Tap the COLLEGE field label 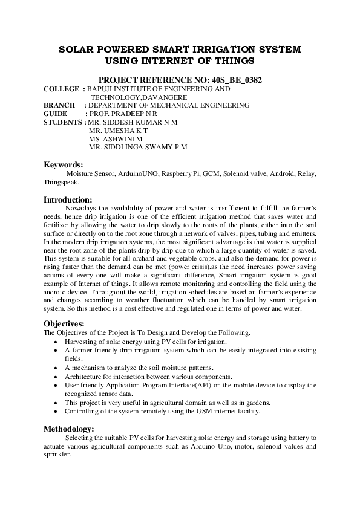coord(61,89)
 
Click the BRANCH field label coord(59,105)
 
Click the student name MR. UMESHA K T coord(118,130)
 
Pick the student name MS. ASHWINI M coord(115,138)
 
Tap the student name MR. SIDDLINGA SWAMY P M coord(138,147)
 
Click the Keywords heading coord(64,164)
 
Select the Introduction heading coord(68,199)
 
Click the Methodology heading coord(69,429)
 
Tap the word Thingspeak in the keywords coord(58,182)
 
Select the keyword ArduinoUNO coord(133,173)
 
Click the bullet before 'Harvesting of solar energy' coord(56,342)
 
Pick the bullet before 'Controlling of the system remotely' coord(56,411)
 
